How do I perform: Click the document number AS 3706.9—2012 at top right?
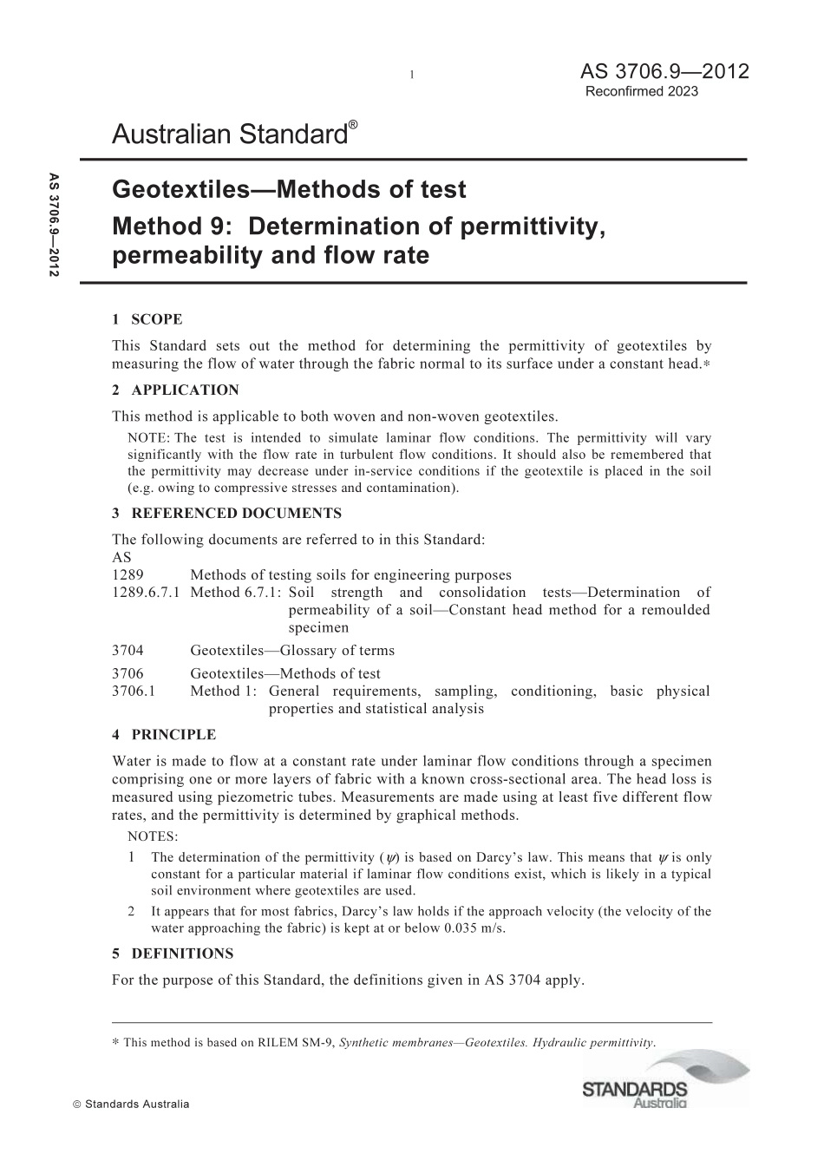[x=652, y=72]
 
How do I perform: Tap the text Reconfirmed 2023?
[x=642, y=91]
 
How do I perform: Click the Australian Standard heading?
[x=230, y=134]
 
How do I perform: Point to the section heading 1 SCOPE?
[x=147, y=319]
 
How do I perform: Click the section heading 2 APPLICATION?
[x=175, y=390]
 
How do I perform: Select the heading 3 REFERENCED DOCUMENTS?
[x=226, y=513]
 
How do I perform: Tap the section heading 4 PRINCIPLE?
[x=164, y=734]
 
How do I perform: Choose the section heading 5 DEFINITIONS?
[x=173, y=953]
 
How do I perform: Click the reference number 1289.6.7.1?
[x=146, y=593]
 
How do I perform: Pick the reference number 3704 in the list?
[x=128, y=650]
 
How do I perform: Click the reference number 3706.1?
[x=134, y=691]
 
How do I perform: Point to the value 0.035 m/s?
[x=474, y=928]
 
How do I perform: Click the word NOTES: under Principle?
[x=152, y=836]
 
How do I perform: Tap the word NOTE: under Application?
[x=149, y=438]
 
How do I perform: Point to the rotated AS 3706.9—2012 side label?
[x=54, y=226]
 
